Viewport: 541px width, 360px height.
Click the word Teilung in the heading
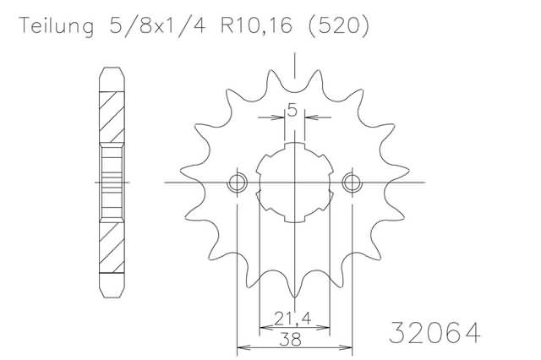click(x=57, y=26)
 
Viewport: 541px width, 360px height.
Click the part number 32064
click(x=434, y=333)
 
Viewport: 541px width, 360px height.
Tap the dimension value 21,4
click(x=292, y=318)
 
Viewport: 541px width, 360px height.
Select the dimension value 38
click(x=290, y=340)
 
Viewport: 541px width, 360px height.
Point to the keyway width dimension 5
click(x=292, y=111)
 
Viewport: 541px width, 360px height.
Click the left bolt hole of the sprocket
click(x=237, y=183)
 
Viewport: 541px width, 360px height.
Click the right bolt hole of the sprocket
click(x=352, y=183)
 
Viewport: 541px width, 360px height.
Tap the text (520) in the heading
click(x=338, y=26)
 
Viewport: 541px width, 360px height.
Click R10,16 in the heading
click(x=257, y=26)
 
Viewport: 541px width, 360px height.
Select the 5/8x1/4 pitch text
click(x=157, y=25)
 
